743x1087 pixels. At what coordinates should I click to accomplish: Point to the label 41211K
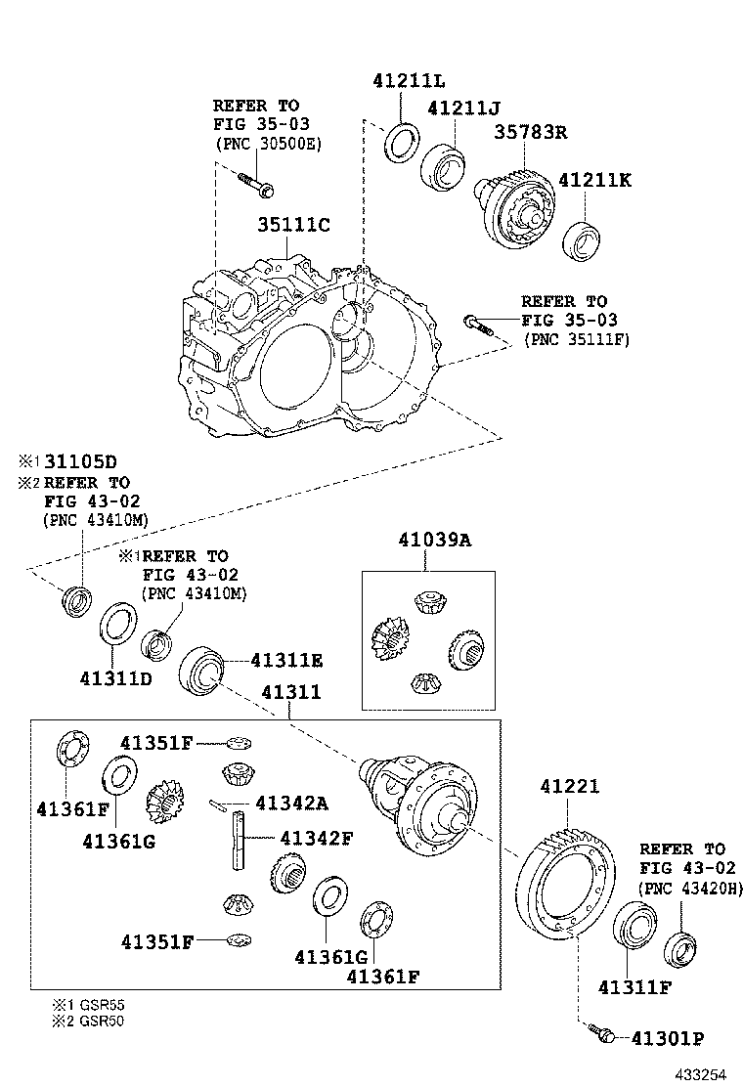coord(594,181)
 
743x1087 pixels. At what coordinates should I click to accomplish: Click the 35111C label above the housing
coord(293,225)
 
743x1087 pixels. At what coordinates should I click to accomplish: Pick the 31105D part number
coord(82,460)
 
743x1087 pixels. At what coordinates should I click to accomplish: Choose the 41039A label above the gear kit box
coord(434,539)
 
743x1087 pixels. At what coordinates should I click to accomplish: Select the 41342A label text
coord(291,804)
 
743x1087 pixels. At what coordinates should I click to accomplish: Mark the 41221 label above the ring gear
coord(569,787)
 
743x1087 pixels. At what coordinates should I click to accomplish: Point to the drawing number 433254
coord(699,1073)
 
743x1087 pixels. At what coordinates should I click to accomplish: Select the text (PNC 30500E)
coord(267,144)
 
